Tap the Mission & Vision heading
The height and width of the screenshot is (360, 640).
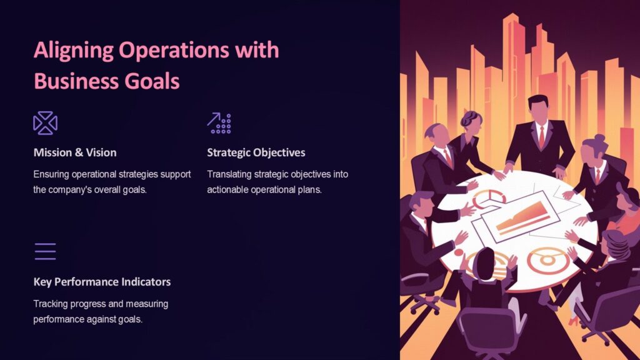pos(74,152)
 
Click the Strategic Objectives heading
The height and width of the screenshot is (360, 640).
pos(256,152)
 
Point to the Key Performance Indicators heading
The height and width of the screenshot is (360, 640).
pos(102,282)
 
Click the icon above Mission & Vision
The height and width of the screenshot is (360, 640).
pos(45,123)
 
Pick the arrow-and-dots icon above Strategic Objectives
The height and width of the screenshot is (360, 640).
pos(219,123)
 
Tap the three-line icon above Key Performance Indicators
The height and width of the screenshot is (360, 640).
pos(45,251)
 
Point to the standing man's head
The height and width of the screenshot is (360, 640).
pos(538,107)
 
